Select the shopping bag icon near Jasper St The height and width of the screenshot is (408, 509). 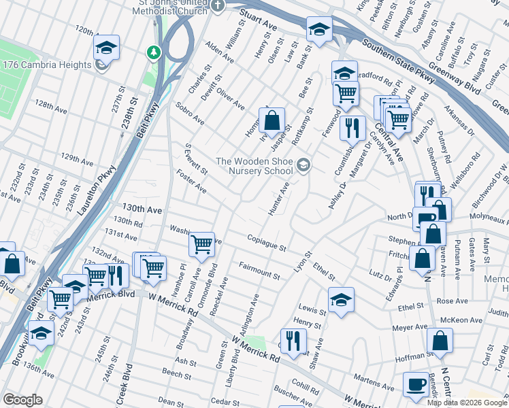(272, 121)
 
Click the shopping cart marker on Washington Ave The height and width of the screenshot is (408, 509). (201, 244)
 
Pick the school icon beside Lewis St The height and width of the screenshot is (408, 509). (341, 300)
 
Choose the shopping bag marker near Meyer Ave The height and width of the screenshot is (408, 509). (440, 341)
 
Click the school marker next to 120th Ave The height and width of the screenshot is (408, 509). (106, 48)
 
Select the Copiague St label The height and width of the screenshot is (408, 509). (266, 243)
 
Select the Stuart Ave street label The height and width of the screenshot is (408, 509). (258, 18)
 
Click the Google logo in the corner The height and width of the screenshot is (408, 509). (22, 400)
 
